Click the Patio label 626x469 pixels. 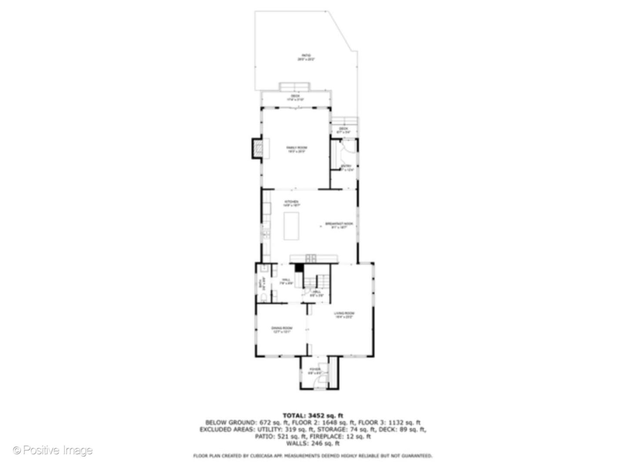pos(306,57)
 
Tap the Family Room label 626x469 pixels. pos(296,149)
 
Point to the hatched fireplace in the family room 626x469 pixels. pos(257,149)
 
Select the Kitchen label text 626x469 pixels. pos(291,203)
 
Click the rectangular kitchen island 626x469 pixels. pos(291,226)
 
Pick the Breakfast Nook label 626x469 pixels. pos(339,225)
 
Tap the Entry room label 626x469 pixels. pos(346,168)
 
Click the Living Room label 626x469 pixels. pos(344,315)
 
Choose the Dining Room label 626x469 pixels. pos(282,330)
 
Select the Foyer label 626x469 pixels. pos(315,371)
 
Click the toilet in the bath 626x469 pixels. pos(263,297)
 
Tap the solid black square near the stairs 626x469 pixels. pos(299,268)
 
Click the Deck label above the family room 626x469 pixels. pos(295,98)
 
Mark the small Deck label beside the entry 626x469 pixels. pos(343,130)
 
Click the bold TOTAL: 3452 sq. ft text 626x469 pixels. pos(313,416)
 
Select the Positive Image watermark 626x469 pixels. pos(53,450)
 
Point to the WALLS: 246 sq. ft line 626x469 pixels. pos(313,443)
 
